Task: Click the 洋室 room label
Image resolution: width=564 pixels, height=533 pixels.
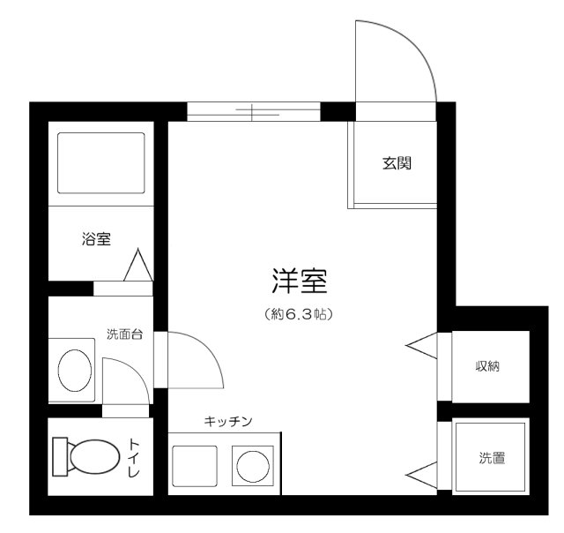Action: [x=300, y=282]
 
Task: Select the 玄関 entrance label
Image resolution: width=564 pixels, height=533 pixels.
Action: [x=397, y=163]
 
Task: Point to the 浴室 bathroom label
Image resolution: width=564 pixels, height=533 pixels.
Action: [x=95, y=238]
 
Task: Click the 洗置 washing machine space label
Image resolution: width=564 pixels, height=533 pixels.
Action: [x=492, y=458]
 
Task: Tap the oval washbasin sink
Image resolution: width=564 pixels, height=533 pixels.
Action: [x=76, y=369]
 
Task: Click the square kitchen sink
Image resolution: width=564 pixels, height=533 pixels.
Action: [x=194, y=464]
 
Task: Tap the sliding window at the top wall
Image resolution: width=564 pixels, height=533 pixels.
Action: [x=253, y=111]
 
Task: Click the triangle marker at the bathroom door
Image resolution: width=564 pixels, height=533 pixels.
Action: [x=138, y=266]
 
